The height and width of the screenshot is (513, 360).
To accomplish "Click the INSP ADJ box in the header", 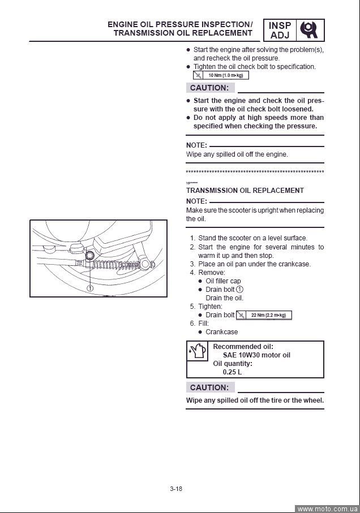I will click(280, 29).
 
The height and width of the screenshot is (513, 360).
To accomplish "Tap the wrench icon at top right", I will click(311, 29).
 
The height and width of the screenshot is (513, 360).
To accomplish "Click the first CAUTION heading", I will click(209, 88).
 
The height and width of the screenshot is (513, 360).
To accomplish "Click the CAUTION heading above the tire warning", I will click(209, 387).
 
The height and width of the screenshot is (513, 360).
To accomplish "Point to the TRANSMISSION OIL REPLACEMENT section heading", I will click(245, 191).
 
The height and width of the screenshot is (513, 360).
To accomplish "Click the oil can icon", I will click(197, 352).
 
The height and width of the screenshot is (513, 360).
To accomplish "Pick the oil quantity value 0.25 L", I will click(232, 372).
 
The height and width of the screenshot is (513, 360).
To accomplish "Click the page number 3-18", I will click(175, 489).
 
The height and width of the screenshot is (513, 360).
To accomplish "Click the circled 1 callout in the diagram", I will click(89, 288).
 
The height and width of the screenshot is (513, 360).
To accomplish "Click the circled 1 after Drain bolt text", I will click(240, 290).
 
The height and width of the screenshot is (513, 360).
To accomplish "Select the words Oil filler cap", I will click(223, 281).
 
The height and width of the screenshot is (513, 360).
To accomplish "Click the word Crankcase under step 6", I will click(222, 332).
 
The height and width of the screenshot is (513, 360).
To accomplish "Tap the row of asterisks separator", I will click(255, 171).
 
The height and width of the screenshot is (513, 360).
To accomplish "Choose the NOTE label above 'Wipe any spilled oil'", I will click(196, 145).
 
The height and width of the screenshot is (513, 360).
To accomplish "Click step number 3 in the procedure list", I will click(192, 264).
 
